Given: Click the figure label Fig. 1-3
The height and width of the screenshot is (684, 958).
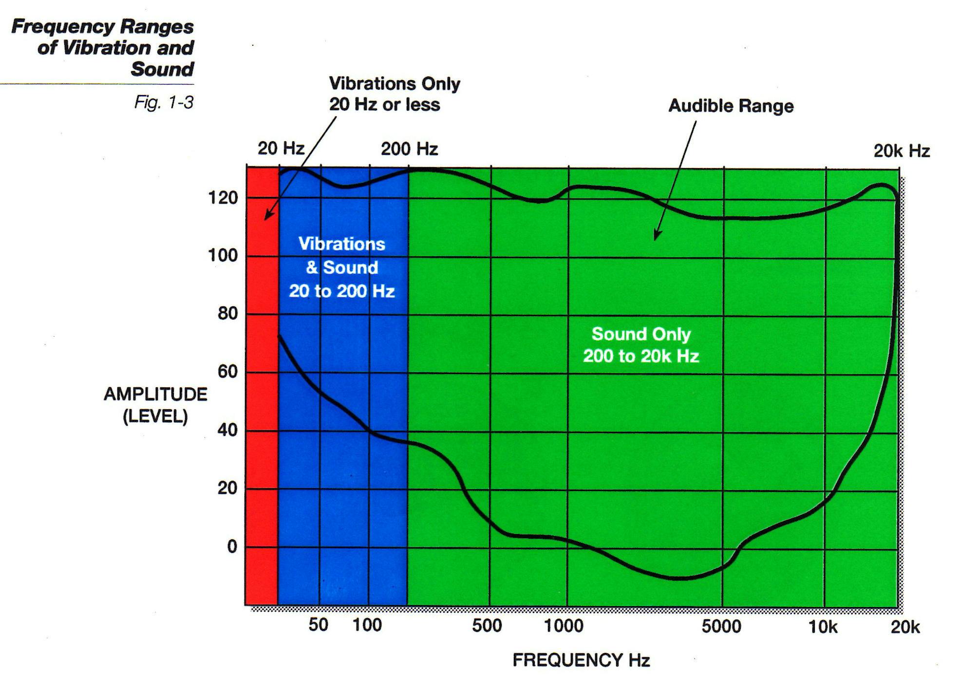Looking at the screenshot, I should point(164,102).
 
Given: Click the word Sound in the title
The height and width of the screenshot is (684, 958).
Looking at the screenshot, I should point(162,69).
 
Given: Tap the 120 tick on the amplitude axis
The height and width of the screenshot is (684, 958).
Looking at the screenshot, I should point(223,198).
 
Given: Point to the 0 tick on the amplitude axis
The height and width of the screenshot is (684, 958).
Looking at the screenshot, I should point(232,547).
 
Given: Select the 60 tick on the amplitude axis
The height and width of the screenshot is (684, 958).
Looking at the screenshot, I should point(227,372).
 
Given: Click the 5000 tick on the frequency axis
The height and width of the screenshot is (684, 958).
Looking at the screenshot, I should point(721,626).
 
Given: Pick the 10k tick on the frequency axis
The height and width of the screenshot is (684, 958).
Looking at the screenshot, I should point(823,627).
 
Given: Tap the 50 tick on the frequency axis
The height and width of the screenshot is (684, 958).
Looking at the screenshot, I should point(318,625).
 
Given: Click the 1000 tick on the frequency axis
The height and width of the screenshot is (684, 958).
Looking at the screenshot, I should point(563,626).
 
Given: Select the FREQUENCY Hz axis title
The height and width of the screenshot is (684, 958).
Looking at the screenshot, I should point(581,660).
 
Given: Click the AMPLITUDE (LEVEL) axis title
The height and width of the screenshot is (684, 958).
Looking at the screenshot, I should point(155,405).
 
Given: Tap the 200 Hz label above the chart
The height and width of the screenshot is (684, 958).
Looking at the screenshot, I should point(409,149).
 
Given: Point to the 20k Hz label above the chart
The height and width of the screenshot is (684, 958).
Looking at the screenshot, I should point(902,151).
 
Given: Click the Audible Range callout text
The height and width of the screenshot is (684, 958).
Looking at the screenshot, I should point(731,106).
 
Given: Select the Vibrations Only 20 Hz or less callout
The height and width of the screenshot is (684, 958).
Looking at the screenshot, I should point(394,94).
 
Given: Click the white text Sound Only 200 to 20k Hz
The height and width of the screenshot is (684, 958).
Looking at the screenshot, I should point(641,345).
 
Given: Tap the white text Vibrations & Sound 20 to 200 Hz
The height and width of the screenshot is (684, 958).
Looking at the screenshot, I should point(341,267).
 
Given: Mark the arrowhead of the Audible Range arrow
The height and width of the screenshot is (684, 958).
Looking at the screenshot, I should point(656,236).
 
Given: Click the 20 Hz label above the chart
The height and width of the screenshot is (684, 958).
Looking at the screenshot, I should point(281,148).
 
